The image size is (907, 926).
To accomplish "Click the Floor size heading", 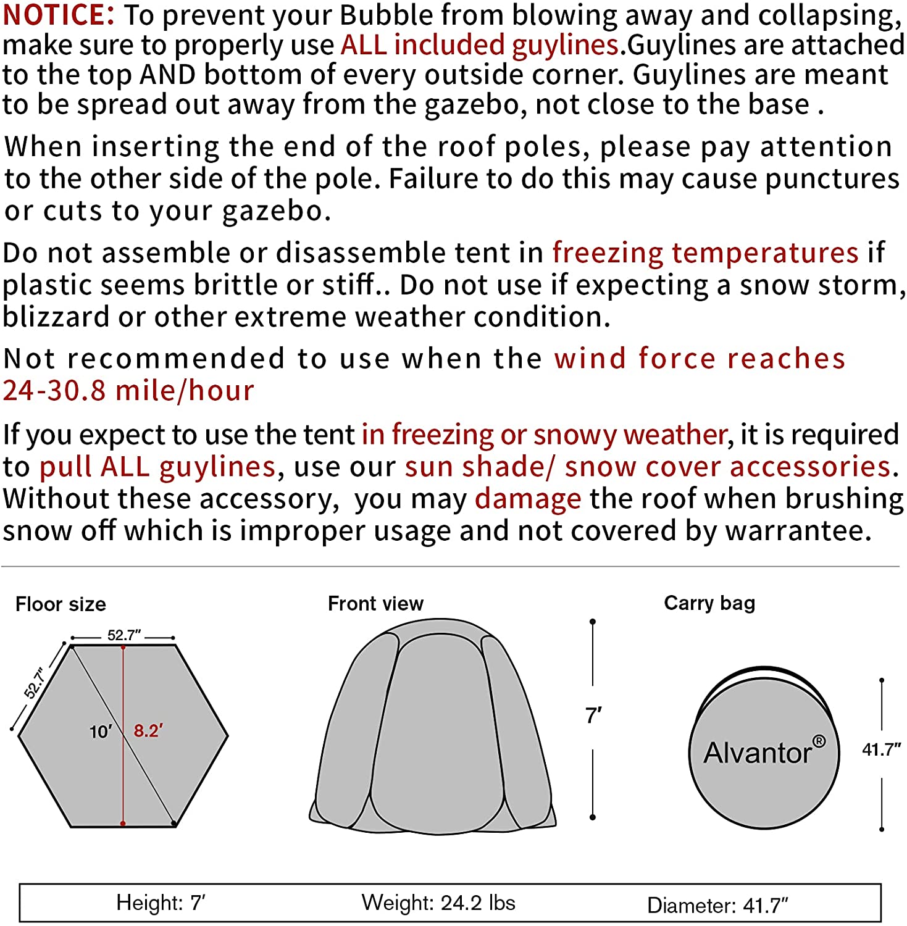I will pos(61,604).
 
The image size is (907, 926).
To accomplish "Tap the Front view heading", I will pos(375,603).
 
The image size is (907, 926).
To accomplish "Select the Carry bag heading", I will pos(709,603).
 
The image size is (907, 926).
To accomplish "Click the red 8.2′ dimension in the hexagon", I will pos(148,731).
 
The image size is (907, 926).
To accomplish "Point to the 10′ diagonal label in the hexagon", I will pos(101,732).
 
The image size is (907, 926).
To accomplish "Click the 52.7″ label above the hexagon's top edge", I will pos(124,635).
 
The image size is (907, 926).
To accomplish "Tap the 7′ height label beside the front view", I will pos(593,716).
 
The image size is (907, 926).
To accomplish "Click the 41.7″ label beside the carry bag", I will pos(881,749).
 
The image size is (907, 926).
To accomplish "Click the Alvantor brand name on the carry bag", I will pos(757,753).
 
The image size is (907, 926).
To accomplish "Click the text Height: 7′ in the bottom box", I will pos(161,903).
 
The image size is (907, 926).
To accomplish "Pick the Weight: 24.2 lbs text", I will pos(438,903).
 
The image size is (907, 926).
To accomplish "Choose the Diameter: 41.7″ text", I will pos(717,905).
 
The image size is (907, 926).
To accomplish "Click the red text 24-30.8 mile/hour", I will pos(128,391).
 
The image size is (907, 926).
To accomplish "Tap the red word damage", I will pos(528,499).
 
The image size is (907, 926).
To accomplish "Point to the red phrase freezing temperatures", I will pos(705,253).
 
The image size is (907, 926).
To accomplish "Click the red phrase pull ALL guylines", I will pos(157,467).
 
